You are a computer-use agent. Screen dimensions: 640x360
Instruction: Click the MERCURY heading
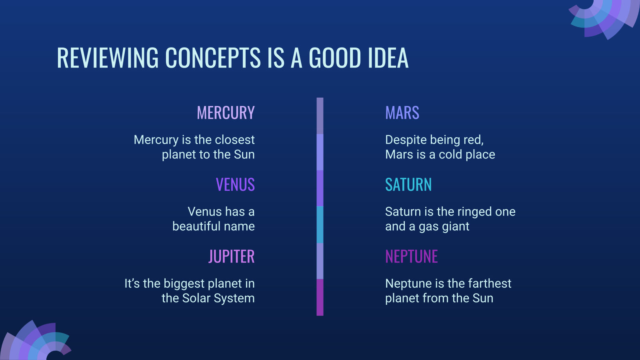226,112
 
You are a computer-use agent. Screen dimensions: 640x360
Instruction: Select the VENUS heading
235,184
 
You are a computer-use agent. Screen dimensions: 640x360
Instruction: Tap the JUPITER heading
232,256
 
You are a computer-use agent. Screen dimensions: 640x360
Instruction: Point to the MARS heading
402,112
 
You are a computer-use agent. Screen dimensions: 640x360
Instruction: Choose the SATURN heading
408,184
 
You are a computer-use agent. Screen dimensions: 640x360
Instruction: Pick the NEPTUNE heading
412,256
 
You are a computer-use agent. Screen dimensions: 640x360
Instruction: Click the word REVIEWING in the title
108,58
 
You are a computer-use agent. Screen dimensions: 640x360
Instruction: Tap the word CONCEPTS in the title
213,58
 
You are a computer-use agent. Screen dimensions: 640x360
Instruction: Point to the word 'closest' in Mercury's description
234,140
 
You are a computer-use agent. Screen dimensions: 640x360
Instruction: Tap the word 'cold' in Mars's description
450,154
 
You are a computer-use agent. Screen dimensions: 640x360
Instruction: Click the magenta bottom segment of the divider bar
320,298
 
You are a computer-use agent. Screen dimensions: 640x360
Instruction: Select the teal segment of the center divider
320,225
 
